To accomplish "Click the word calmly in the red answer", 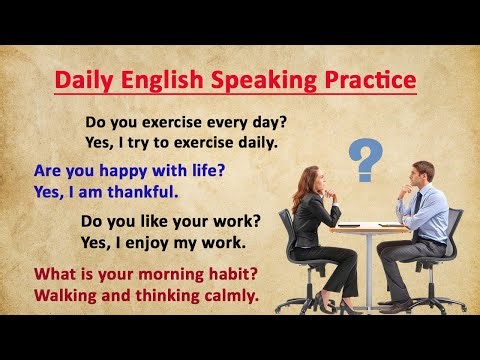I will coord(228,295).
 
